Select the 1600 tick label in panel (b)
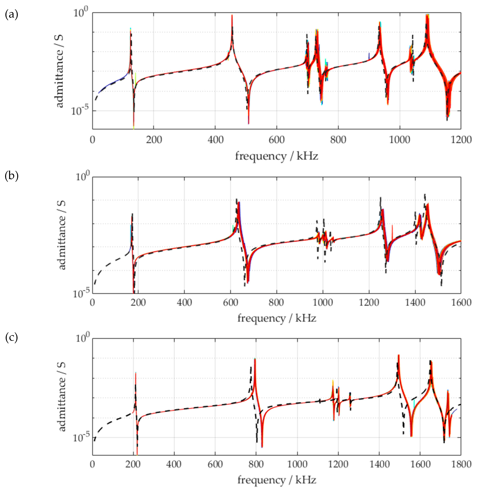(461, 302)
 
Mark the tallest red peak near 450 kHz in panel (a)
(232, 16)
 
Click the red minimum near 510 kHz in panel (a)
(249, 123)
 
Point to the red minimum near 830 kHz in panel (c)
(262, 447)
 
